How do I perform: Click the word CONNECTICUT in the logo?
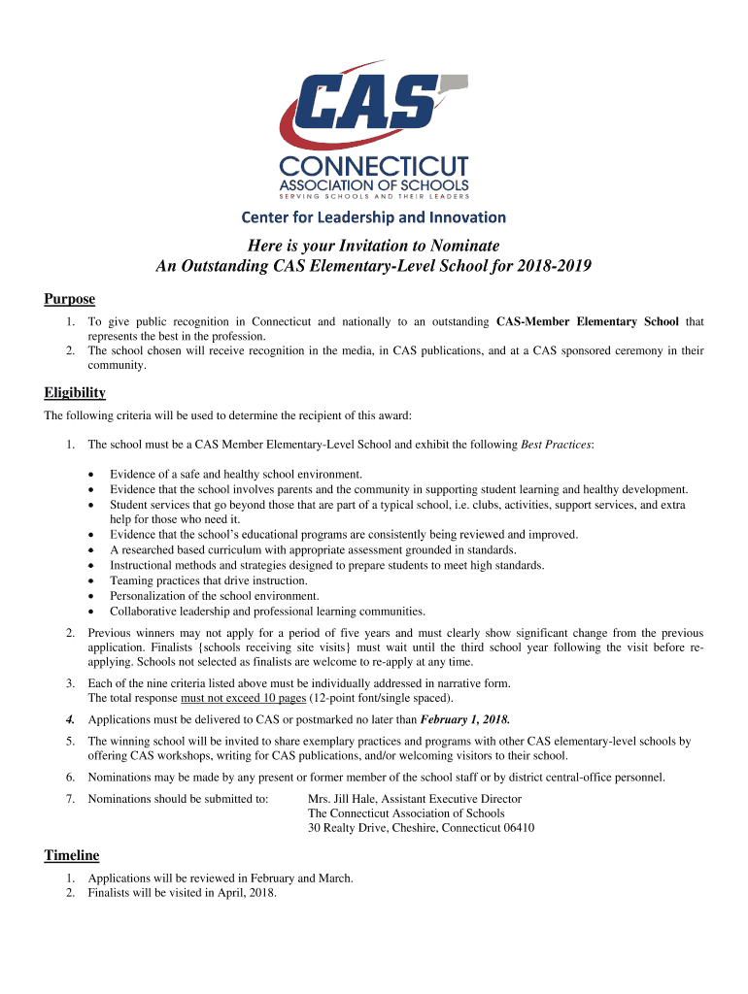[374, 165]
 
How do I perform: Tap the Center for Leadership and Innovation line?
[374, 216]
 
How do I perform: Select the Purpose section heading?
[69, 299]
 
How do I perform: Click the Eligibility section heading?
[75, 393]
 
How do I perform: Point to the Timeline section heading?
[72, 855]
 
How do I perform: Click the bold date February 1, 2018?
[464, 720]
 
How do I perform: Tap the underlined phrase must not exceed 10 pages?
[244, 698]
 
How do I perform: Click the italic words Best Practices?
[556, 445]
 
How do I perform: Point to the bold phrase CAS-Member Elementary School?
[588, 321]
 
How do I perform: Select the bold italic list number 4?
[70, 720]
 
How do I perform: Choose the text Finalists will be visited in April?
[182, 893]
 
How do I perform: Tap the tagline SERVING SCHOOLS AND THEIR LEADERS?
[374, 197]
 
